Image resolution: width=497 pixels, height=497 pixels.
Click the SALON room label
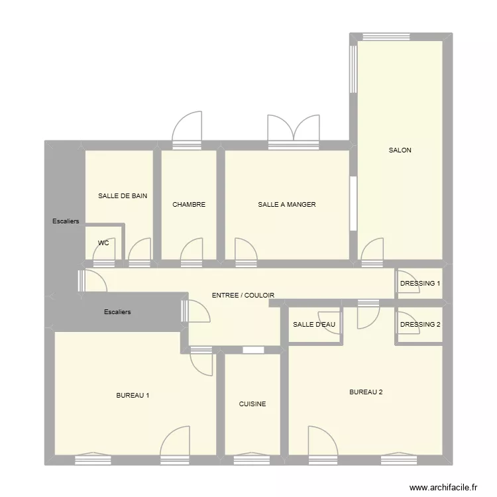pyautogui.click(x=400, y=150)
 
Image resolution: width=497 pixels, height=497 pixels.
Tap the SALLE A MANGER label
pyautogui.click(x=286, y=205)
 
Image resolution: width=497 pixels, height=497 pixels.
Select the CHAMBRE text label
pyautogui.click(x=189, y=205)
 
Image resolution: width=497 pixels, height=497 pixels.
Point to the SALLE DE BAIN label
pyautogui.click(x=123, y=196)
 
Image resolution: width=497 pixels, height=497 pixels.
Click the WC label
pyautogui.click(x=103, y=243)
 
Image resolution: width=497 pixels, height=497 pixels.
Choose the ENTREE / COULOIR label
pyautogui.click(x=243, y=296)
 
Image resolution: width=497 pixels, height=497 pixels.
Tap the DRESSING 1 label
pyautogui.click(x=419, y=284)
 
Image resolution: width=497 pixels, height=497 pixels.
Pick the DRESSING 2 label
pyautogui.click(x=419, y=325)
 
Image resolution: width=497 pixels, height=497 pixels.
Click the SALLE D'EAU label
pyautogui.click(x=314, y=325)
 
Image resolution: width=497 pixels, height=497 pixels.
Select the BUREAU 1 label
pyautogui.click(x=133, y=396)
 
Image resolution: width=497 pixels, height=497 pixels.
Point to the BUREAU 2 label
pyautogui.click(x=366, y=392)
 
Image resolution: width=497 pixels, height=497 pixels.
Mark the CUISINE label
pyautogui.click(x=252, y=404)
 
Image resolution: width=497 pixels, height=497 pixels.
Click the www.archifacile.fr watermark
pyautogui.click(x=443, y=487)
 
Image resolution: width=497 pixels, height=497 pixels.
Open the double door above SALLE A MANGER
pyautogui.click(x=294, y=129)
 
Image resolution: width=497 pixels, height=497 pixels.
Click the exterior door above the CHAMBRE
pyautogui.click(x=187, y=129)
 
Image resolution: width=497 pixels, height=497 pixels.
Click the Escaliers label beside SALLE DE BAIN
pyautogui.click(x=66, y=221)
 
